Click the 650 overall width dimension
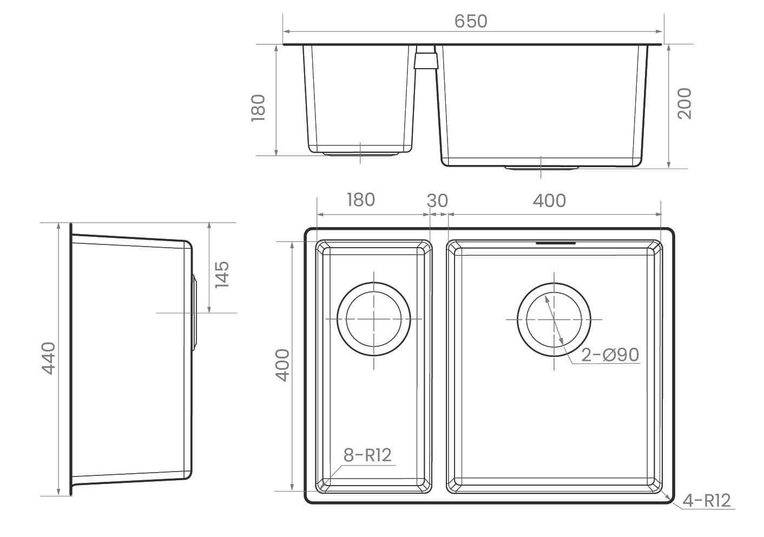coord(471,21)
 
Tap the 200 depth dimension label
coord(684,104)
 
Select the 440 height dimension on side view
coord(48,359)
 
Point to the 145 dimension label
coord(222,275)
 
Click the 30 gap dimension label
coord(437,201)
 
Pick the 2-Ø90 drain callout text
coord(610,355)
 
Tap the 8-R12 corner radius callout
coord(367,455)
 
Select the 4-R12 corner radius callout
coord(706,501)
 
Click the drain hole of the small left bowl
coord(374,319)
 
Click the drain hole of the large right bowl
coord(554,320)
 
